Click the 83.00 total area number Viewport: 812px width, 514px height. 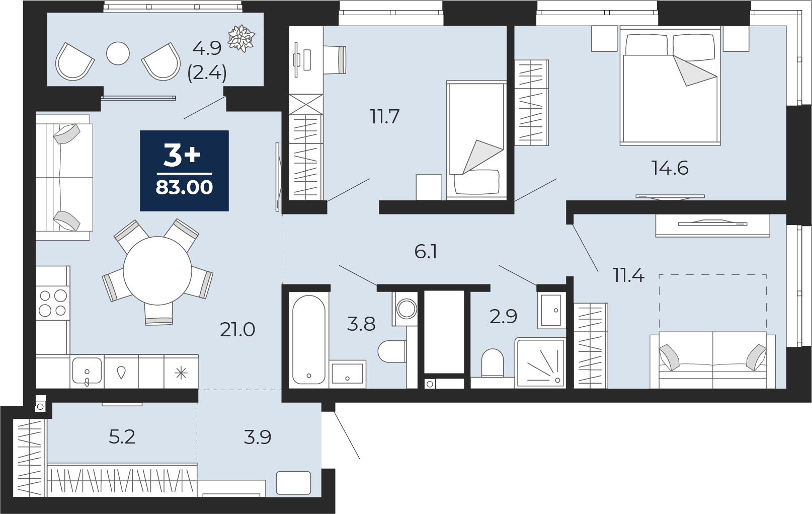click(x=184, y=188)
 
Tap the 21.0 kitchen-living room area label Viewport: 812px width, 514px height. click(x=238, y=330)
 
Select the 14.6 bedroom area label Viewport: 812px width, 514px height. click(x=670, y=168)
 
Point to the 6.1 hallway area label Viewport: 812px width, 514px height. click(x=426, y=252)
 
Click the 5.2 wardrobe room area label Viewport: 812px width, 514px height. click(x=122, y=437)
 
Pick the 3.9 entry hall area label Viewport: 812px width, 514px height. click(x=258, y=437)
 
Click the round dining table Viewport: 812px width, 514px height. click(x=157, y=271)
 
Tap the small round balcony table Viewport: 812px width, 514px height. click(x=118, y=53)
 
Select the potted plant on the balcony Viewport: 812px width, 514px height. click(x=241, y=38)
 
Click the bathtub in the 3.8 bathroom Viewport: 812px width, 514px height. click(x=309, y=339)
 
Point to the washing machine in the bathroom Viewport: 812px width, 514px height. click(x=405, y=308)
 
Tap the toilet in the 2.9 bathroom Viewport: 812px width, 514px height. click(x=493, y=363)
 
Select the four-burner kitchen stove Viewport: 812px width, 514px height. click(x=52, y=304)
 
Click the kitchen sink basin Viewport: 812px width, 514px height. click(x=87, y=371)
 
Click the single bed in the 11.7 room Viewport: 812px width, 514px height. click(x=476, y=140)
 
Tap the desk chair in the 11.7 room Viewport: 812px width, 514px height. click(x=335, y=59)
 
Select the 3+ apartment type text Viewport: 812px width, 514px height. click(x=182, y=155)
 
